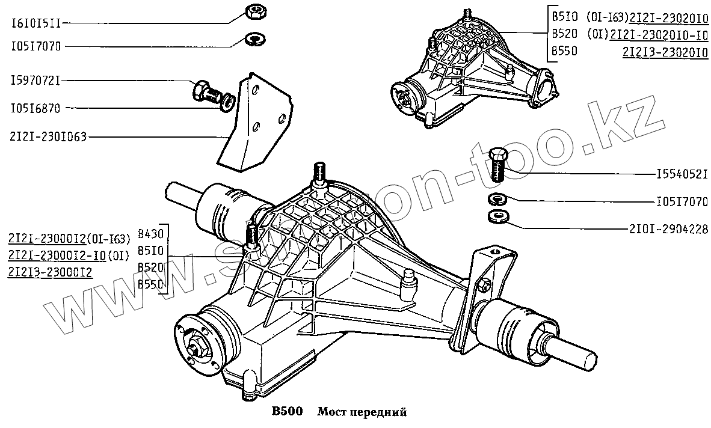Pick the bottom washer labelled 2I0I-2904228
pos(497,216)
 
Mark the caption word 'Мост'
pos(331,412)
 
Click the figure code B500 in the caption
pos(285,412)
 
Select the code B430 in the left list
pos(149,234)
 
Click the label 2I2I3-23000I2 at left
pos(49,272)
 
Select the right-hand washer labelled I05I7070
pos(497,199)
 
